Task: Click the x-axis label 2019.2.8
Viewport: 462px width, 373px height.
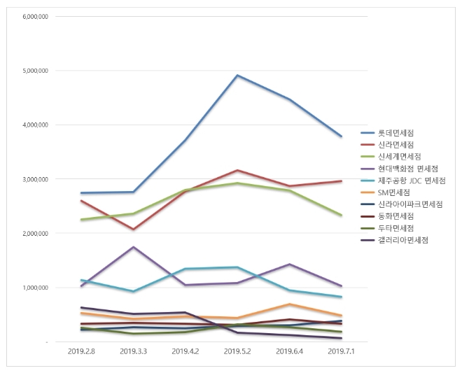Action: click(x=81, y=351)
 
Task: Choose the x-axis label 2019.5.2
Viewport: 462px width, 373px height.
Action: click(x=237, y=351)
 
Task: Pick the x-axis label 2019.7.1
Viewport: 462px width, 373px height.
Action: click(x=341, y=351)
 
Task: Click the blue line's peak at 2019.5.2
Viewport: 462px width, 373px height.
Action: click(x=237, y=75)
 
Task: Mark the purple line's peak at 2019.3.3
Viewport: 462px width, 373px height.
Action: click(x=133, y=247)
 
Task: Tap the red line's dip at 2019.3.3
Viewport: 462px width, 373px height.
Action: click(x=133, y=230)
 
